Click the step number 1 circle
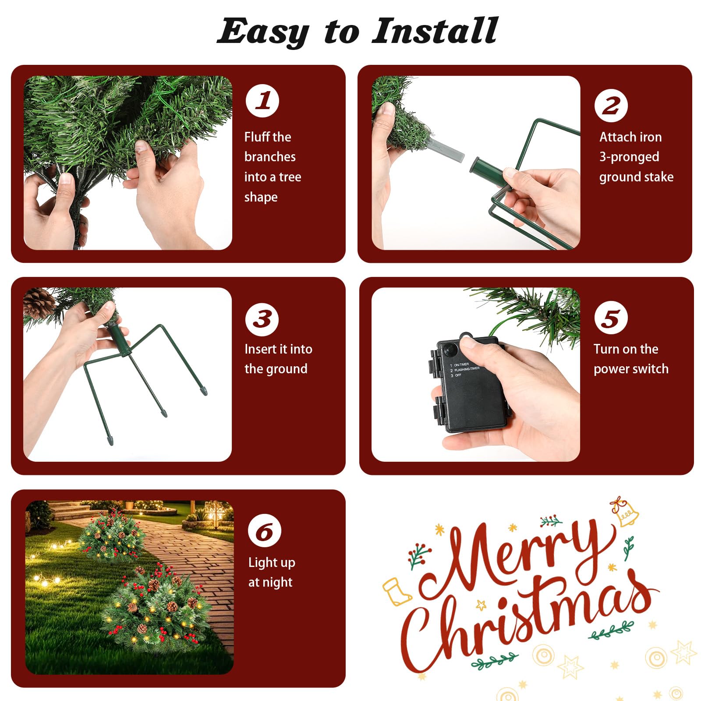coord(262,101)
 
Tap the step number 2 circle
coord(611,106)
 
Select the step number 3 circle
coord(262,319)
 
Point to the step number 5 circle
coord(611,318)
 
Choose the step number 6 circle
coord(265,531)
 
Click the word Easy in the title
coord(263,32)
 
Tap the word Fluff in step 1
coord(257,137)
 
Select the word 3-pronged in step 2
coord(629,157)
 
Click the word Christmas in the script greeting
coord(528,622)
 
